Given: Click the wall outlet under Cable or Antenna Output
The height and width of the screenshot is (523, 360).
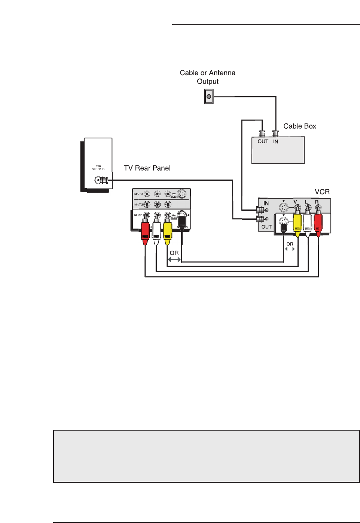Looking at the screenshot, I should [x=209, y=97].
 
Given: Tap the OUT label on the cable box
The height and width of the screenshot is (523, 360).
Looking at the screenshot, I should [x=263, y=141].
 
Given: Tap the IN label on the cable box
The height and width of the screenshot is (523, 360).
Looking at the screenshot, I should [x=275, y=141].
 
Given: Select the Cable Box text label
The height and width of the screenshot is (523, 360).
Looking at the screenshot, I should [x=300, y=126].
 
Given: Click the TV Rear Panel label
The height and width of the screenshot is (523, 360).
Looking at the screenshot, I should [x=147, y=168].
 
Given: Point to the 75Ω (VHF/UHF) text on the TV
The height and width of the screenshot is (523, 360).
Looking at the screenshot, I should [x=98, y=167].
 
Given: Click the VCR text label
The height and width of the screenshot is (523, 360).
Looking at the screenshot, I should [x=322, y=192].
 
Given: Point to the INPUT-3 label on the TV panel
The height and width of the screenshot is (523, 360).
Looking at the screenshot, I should [x=138, y=194].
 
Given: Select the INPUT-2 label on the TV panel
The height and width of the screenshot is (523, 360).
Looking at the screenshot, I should [x=138, y=204].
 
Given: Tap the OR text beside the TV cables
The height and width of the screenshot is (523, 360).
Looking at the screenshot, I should [x=174, y=253].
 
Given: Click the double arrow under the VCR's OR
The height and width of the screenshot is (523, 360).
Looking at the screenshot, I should [x=290, y=249].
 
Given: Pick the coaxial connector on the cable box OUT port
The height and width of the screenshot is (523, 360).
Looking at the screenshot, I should [x=262, y=133].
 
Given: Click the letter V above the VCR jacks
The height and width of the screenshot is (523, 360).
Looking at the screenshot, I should [x=295, y=202].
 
